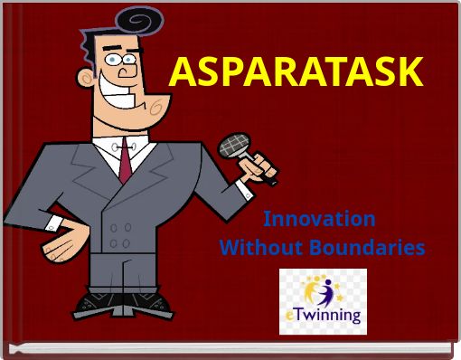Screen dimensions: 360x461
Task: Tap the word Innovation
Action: click(x=319, y=219)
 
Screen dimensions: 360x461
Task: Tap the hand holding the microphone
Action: click(x=261, y=167)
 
